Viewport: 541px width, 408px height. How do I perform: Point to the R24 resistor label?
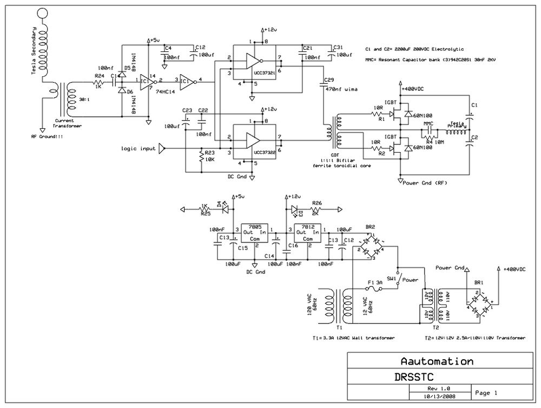[x=99, y=76]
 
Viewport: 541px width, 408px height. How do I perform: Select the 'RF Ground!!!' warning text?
[x=48, y=137]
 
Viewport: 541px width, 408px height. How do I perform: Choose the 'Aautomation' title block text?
[x=437, y=361]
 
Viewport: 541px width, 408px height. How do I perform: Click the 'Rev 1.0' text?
[x=439, y=388]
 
